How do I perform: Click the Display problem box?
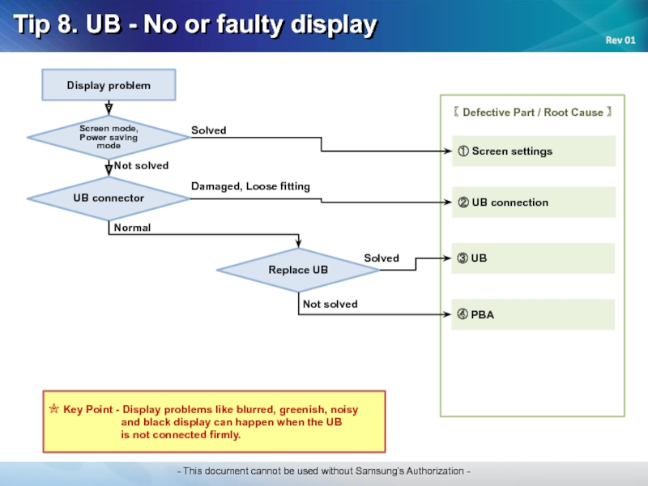click(109, 85)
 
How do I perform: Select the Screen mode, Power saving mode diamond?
click(109, 137)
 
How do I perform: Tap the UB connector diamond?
click(109, 198)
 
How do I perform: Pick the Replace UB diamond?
click(298, 270)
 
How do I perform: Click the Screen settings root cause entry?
click(534, 151)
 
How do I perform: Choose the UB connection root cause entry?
click(534, 202)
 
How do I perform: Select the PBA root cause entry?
click(533, 314)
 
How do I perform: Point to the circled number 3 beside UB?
click(463, 258)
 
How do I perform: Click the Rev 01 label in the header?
click(620, 40)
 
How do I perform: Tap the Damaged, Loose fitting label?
click(250, 186)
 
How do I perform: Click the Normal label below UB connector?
click(132, 228)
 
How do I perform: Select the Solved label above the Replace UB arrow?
click(382, 258)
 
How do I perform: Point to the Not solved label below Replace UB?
click(330, 305)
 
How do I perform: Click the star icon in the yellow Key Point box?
click(54, 409)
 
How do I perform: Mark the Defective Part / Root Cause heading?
click(533, 113)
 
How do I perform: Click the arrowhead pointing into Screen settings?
click(448, 151)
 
